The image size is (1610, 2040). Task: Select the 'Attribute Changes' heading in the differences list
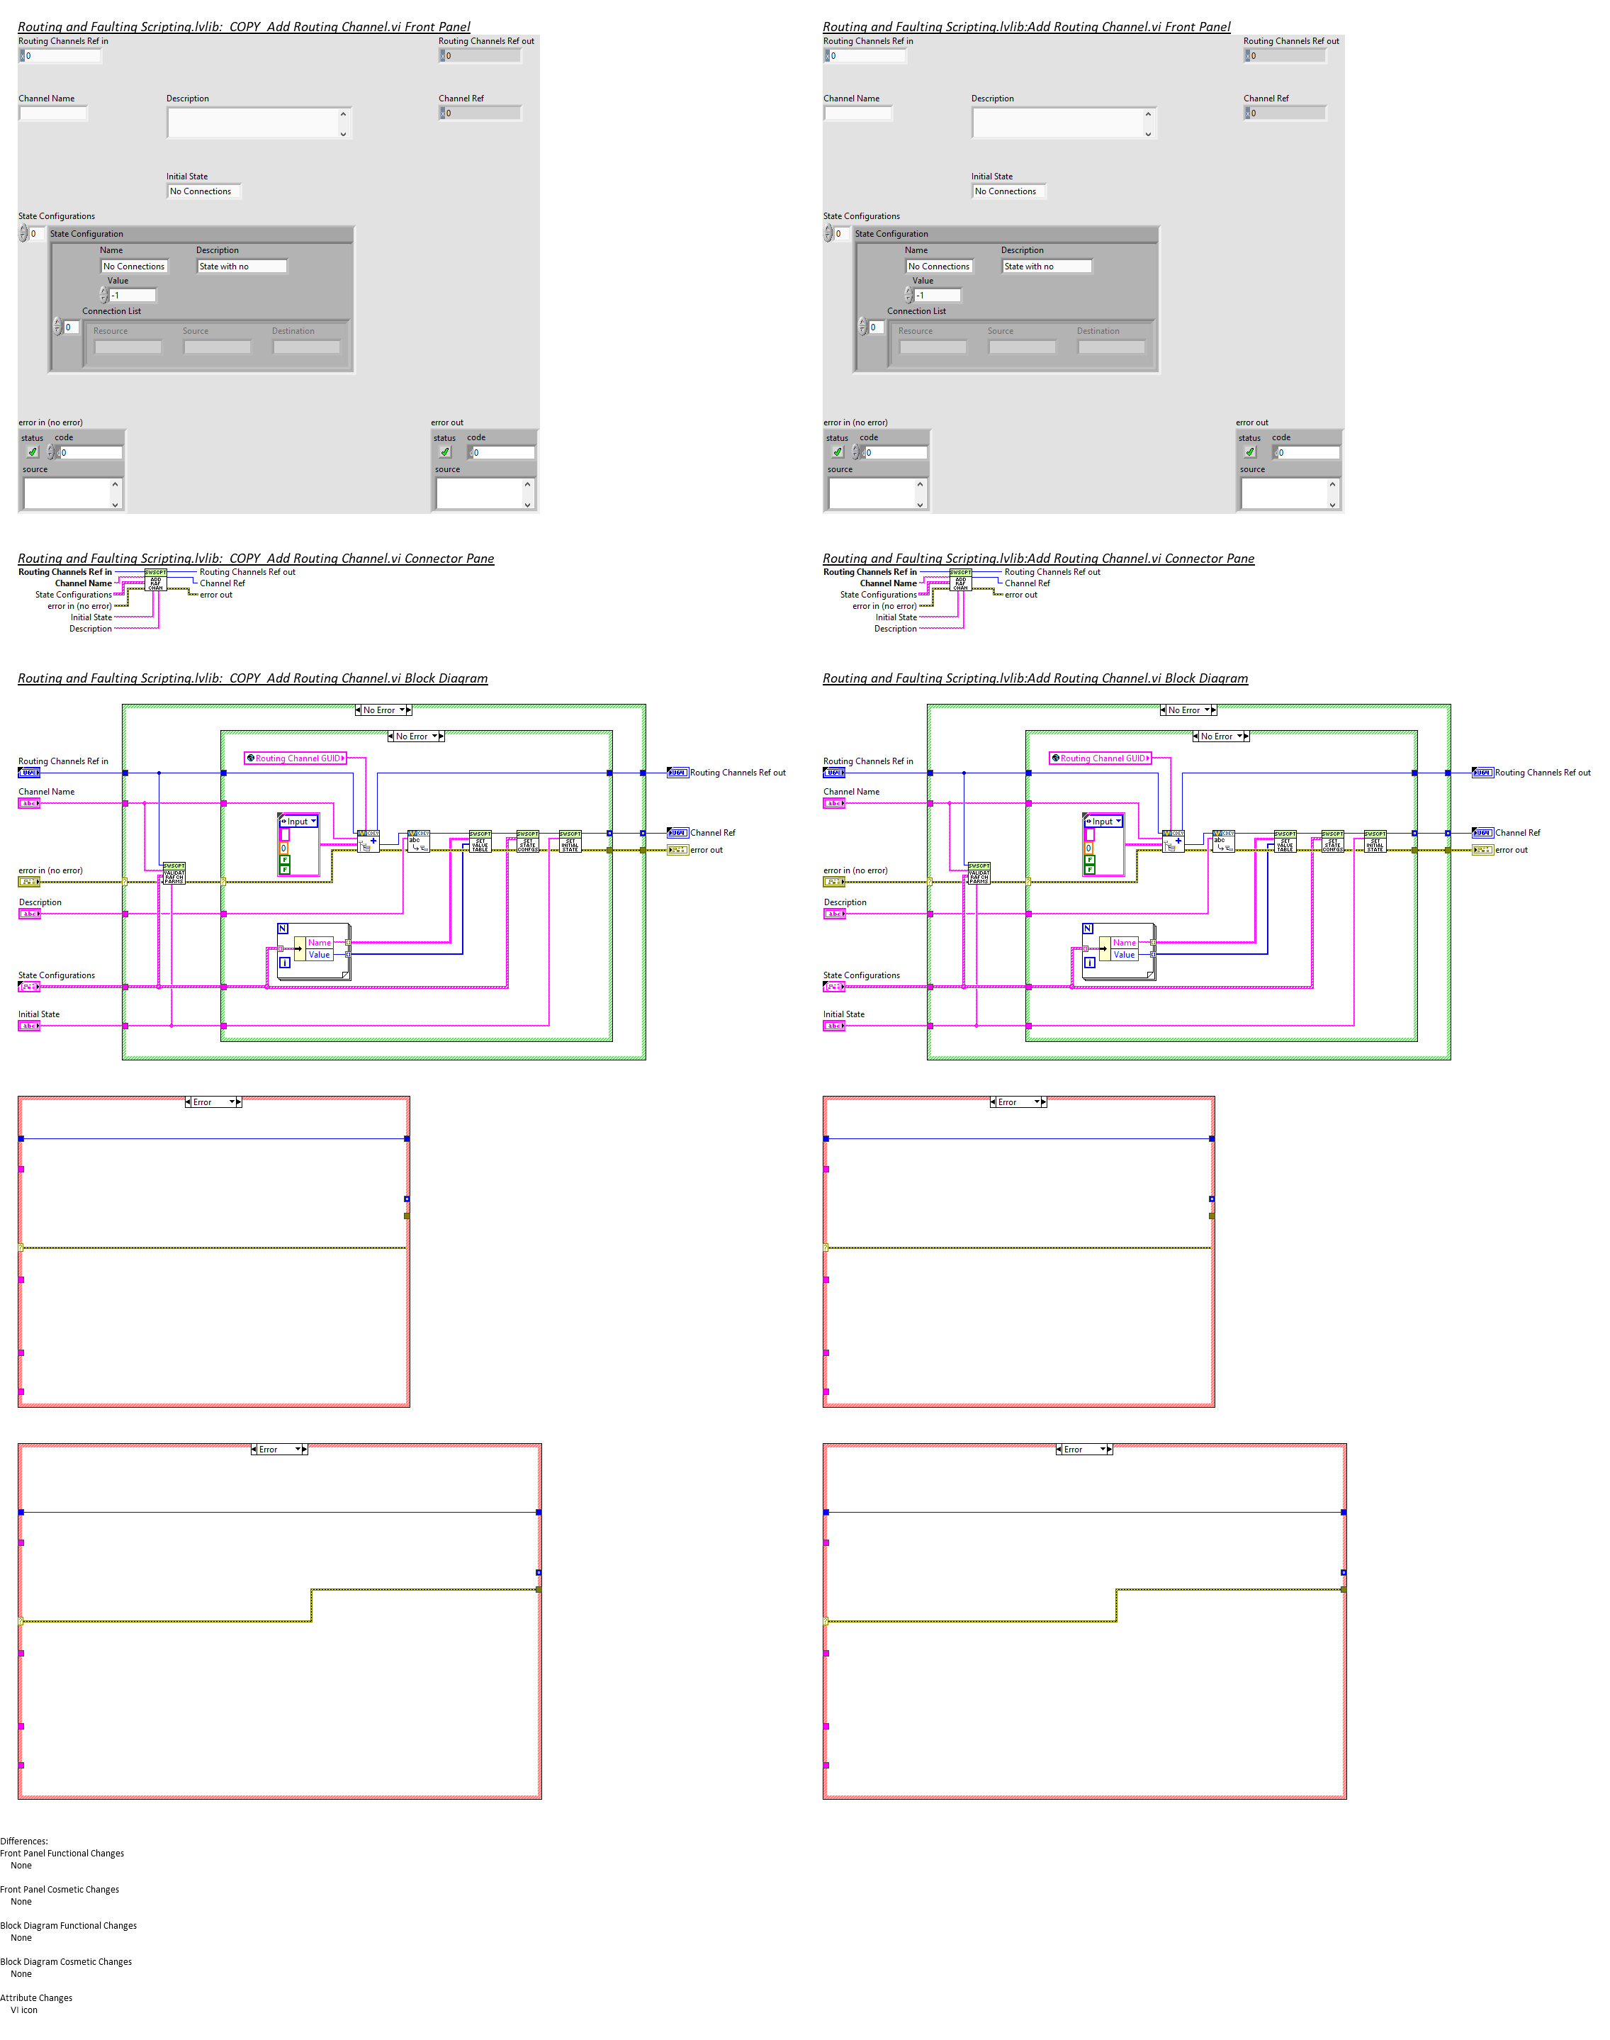point(36,1997)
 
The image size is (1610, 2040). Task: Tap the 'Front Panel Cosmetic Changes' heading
point(60,1889)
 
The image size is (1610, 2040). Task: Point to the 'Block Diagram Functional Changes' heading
point(68,1925)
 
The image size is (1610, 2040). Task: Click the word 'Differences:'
point(23,1841)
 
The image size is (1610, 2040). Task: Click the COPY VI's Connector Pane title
point(255,558)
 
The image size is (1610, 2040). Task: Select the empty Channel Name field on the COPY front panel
point(52,113)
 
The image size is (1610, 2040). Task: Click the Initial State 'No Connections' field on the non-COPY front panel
point(1007,191)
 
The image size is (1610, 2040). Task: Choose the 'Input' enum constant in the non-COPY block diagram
point(1103,821)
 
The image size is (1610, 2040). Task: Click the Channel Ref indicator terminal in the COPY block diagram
point(677,832)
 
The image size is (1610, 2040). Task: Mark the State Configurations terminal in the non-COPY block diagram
point(833,987)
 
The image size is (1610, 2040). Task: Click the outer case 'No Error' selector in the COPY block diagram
point(383,710)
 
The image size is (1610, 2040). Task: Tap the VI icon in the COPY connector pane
point(155,581)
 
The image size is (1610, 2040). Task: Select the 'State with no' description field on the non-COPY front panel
point(1045,267)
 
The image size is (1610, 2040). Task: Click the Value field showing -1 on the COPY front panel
point(131,295)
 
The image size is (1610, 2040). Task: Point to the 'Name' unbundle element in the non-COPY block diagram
point(1124,943)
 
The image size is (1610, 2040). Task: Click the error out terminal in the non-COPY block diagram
point(1482,851)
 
